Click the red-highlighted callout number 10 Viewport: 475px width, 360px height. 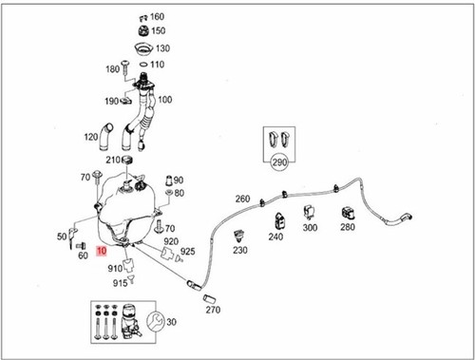[x=102, y=251]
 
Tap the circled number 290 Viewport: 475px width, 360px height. [x=279, y=162]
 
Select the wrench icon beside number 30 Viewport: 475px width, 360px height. [x=155, y=321]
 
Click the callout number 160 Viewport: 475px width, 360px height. [x=157, y=16]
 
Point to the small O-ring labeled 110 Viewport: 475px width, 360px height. [x=143, y=65]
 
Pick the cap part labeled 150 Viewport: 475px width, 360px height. [x=144, y=31]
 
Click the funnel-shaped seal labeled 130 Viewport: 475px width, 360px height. [x=144, y=49]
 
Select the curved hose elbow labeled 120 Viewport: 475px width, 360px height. [x=106, y=137]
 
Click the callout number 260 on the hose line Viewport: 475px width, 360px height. [x=242, y=199]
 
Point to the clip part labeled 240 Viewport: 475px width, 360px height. [x=280, y=221]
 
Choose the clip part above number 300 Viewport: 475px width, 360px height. [x=309, y=213]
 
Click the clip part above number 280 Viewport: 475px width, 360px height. [x=348, y=213]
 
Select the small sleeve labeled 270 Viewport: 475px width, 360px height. [x=209, y=298]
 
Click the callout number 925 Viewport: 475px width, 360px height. [x=188, y=252]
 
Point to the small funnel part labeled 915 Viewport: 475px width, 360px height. [x=131, y=279]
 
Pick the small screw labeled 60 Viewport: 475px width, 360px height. [x=82, y=245]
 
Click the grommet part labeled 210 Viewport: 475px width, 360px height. [x=127, y=160]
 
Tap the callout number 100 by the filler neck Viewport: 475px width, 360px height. [x=165, y=100]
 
